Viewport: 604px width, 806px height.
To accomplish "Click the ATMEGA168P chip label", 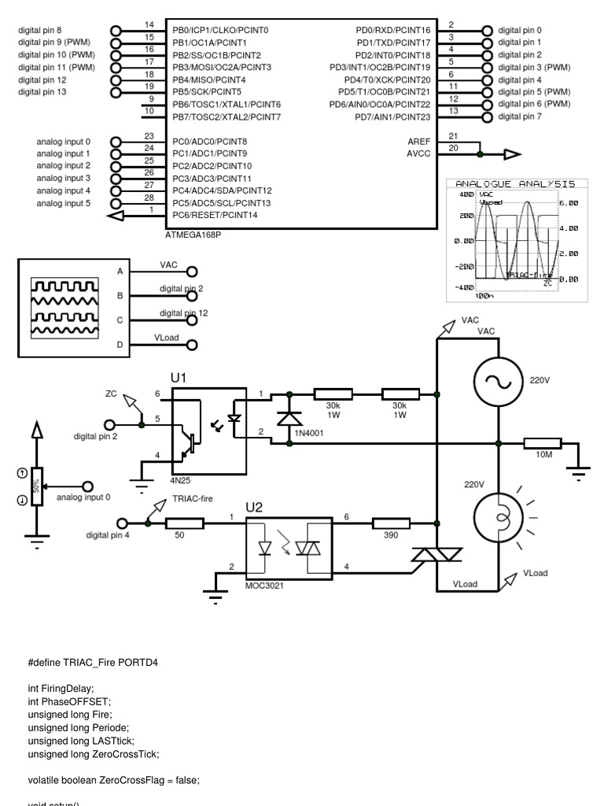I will pyautogui.click(x=193, y=235).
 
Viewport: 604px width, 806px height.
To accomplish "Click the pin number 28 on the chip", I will pyautogui.click(x=148, y=198).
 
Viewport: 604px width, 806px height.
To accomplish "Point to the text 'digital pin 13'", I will pyautogui.click(x=42, y=92).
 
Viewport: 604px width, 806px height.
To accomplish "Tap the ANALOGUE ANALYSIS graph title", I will pyautogui.click(x=515, y=183).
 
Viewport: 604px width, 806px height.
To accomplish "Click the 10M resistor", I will pyautogui.click(x=543, y=444).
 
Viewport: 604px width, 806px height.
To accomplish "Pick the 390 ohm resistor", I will pyautogui.click(x=391, y=522).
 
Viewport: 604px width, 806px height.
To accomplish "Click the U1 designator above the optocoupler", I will pyautogui.click(x=179, y=379).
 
